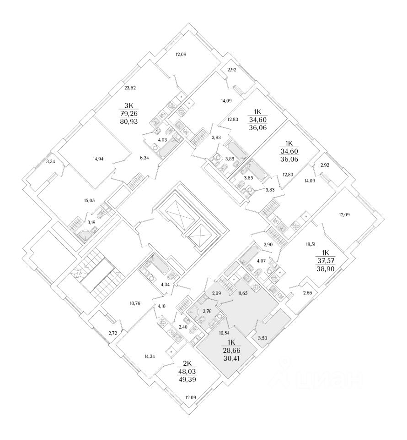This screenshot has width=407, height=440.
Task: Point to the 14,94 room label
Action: click(x=97, y=159)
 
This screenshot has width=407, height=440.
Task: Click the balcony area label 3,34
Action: click(x=51, y=161)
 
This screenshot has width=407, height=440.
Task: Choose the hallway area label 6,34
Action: click(x=144, y=158)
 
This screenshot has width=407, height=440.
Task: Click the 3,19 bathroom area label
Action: click(x=91, y=222)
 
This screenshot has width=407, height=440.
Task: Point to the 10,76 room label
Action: click(x=136, y=302)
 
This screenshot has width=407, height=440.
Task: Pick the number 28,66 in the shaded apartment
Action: click(x=231, y=351)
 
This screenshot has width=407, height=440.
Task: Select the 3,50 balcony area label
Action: click(x=262, y=338)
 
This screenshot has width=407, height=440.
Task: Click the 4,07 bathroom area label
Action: click(x=262, y=261)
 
